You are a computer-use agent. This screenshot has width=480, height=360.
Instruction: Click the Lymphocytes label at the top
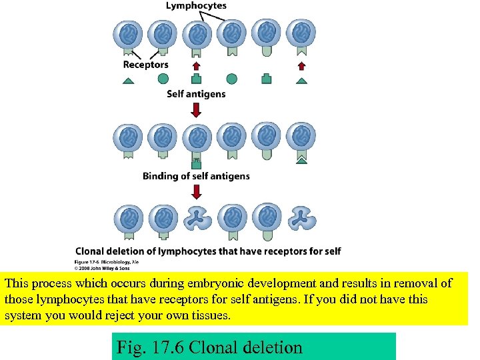tap(195, 6)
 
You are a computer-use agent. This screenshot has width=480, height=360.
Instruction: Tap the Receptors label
tap(145, 65)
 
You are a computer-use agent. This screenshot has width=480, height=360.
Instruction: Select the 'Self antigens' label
tap(196, 94)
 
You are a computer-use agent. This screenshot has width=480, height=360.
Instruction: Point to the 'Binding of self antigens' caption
tap(196, 176)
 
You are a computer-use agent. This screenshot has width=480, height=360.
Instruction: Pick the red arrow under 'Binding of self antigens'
tap(196, 192)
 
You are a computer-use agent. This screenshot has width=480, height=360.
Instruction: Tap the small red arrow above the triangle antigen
tap(301, 65)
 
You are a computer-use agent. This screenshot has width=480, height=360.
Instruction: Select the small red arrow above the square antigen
tap(196, 65)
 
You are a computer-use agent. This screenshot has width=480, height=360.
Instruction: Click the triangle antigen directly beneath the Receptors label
tap(128, 80)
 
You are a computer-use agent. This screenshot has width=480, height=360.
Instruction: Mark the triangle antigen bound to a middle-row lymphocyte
tap(302, 159)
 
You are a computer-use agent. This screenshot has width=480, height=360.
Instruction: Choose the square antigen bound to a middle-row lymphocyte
tap(196, 160)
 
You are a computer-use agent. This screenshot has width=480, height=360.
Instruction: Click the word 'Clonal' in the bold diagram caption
tap(93, 251)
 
